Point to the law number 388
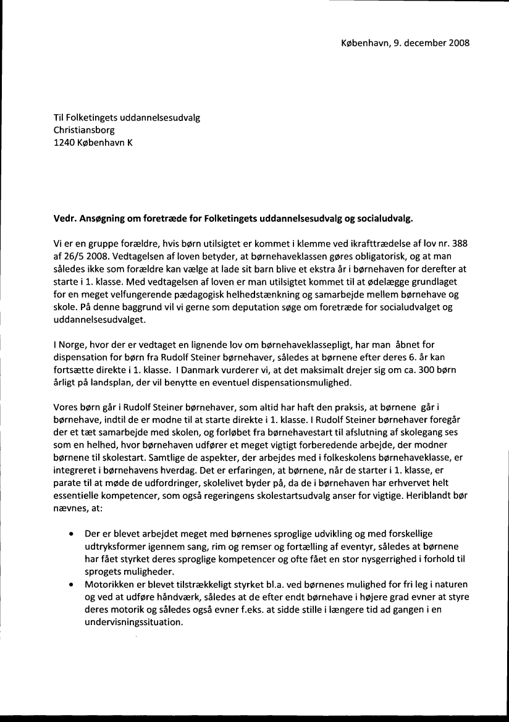coord(460,244)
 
